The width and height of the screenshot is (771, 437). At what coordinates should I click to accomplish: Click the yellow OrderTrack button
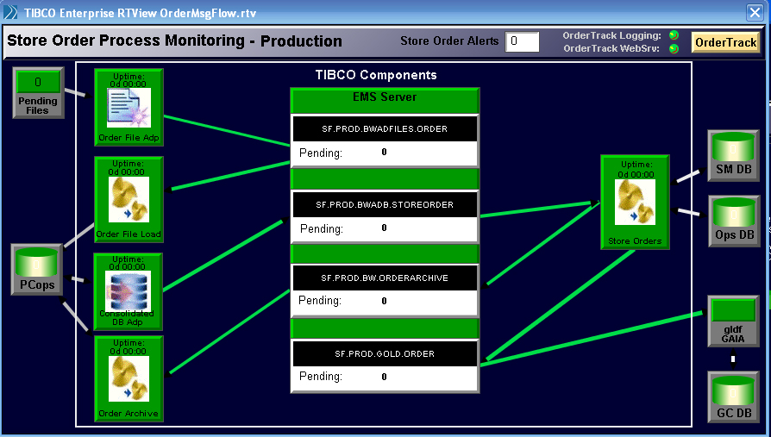tap(725, 42)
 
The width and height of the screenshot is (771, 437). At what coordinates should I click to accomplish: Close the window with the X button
tap(755, 12)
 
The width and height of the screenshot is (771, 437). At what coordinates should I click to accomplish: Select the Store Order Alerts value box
tap(523, 41)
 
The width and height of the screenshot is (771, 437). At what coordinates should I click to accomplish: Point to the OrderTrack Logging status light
tap(674, 34)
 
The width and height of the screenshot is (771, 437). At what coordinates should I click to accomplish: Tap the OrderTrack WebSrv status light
tap(674, 48)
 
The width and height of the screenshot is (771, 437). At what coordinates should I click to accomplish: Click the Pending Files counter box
tap(38, 82)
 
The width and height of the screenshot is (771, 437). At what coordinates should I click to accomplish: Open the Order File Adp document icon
tap(128, 108)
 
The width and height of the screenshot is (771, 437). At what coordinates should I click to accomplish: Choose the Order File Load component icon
tap(128, 200)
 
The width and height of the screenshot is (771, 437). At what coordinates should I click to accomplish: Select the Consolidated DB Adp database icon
tap(128, 291)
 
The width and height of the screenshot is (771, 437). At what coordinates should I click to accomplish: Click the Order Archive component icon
tap(128, 379)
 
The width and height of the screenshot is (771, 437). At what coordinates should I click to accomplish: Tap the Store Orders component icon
tap(635, 202)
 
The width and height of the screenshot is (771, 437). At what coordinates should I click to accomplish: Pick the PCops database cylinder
tap(37, 263)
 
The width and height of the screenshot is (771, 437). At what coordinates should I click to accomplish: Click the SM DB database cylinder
tap(733, 147)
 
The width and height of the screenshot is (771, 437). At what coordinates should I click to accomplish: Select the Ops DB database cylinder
tap(734, 212)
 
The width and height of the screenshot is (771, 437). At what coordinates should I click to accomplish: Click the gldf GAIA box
tap(733, 321)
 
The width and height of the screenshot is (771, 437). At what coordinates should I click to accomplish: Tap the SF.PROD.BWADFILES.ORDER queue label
tap(385, 128)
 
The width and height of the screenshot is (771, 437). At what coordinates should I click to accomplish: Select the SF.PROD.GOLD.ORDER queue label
tap(385, 354)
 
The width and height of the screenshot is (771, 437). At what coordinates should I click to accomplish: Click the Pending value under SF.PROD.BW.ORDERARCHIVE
tap(384, 301)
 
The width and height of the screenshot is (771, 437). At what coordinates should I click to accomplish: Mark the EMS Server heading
tap(385, 97)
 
